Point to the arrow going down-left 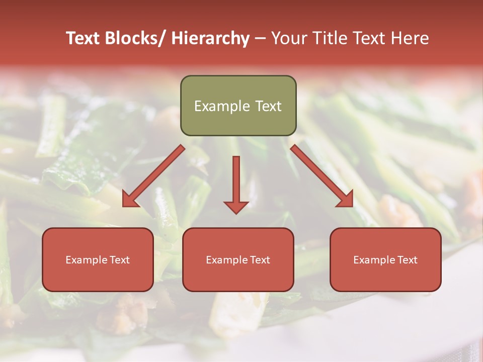pos(154,176)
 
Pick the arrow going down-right pos(322,176)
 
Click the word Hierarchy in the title pos(210,38)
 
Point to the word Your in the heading pos(288,38)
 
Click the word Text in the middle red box pos(258,260)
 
